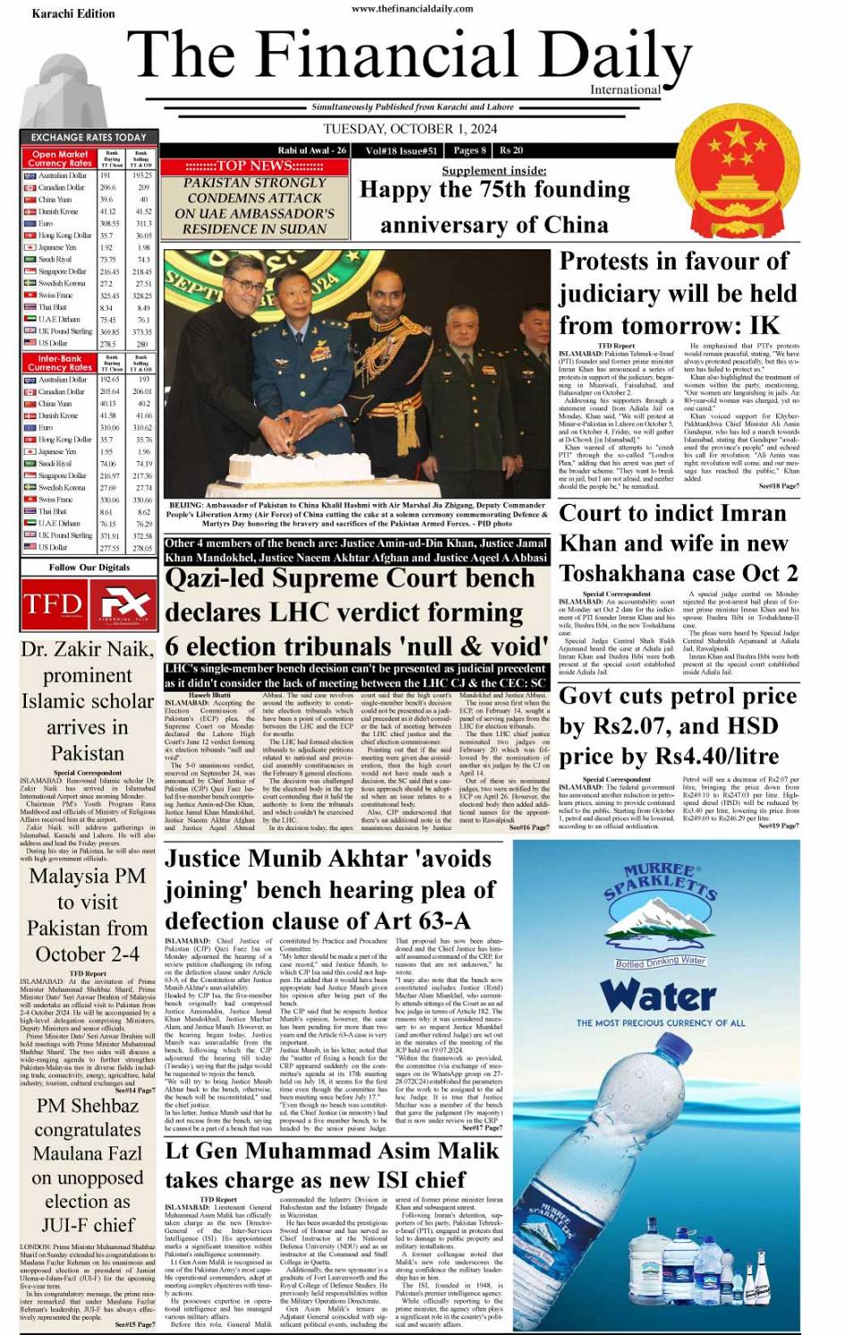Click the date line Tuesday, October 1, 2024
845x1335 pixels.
[410, 129]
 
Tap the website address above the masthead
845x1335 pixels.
[412, 8]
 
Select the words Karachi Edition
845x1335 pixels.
[73, 13]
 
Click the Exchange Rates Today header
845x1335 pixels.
[89, 137]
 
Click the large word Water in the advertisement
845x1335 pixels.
[659, 994]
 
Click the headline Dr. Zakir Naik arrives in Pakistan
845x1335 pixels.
[88, 701]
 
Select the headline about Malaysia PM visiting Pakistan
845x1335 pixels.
[88, 914]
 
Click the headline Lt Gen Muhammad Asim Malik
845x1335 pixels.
[331, 1165]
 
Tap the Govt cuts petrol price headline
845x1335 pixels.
[678, 726]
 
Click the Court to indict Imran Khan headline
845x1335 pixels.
[678, 542]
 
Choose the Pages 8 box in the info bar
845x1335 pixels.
[469, 150]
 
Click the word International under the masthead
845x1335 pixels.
[625, 89]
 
